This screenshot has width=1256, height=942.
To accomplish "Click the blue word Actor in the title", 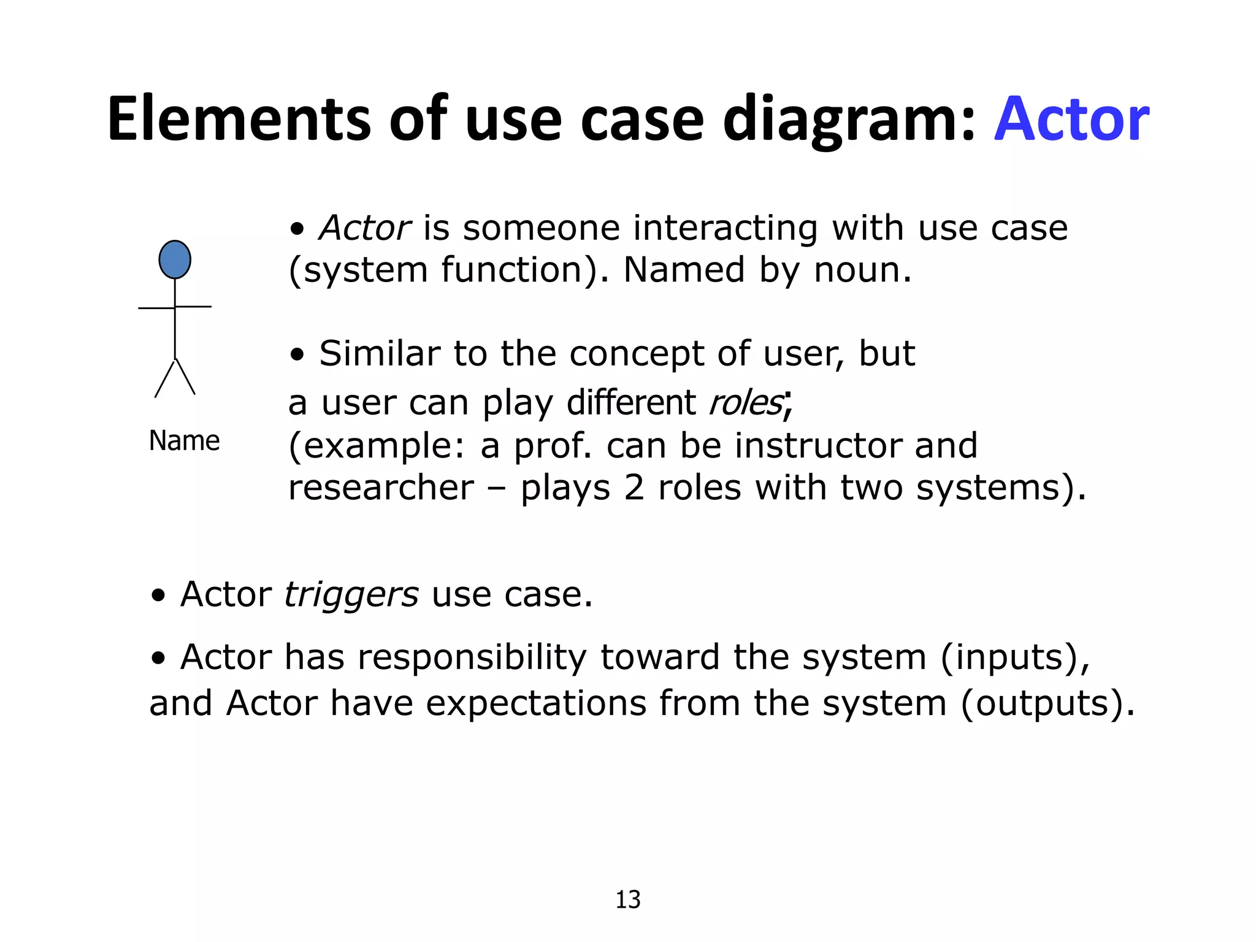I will point(1071,119).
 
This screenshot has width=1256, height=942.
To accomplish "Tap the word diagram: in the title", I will point(849,119).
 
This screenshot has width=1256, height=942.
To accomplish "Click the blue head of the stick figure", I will point(175,259).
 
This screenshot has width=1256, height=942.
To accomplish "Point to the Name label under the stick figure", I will point(184,440).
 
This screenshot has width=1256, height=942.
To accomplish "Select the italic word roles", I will point(746,403).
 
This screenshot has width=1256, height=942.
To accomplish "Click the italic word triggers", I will point(351,594).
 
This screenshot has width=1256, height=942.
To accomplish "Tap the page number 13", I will point(627,900).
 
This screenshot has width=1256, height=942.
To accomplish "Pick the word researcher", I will point(381,488).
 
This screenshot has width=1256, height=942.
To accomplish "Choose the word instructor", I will point(818,445).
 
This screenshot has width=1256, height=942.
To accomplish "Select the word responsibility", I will point(472,657).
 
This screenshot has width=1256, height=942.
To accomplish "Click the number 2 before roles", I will point(634,488).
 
